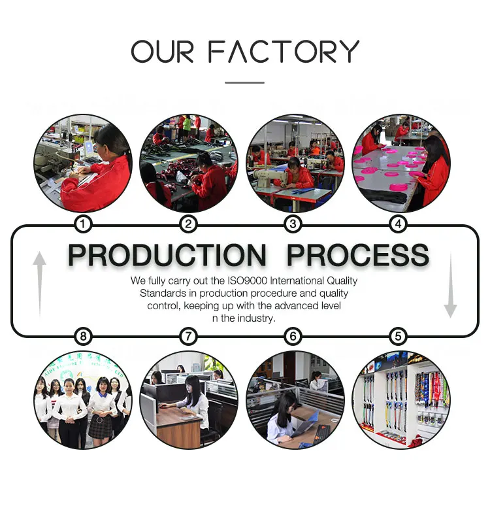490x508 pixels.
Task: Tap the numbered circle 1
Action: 83,225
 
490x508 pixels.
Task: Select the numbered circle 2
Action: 188,225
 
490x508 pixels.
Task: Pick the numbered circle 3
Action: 293,225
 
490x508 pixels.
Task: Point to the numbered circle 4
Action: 398,225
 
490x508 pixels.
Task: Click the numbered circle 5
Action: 398,337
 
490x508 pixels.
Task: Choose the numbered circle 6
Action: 293,337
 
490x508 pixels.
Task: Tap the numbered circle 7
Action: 188,337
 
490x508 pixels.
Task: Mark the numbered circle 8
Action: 83,337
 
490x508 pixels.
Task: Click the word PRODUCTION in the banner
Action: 167,255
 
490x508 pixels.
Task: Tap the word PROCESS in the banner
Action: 358,255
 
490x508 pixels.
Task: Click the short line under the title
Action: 244,82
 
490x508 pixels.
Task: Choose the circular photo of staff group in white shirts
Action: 83,399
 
